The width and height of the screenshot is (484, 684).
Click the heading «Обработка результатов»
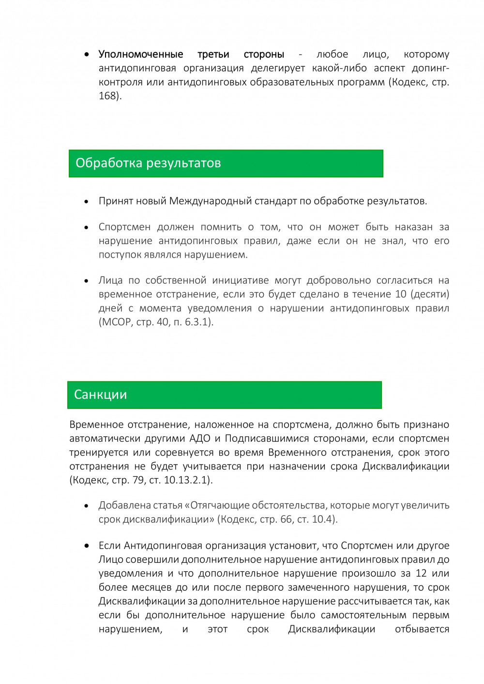click(x=148, y=163)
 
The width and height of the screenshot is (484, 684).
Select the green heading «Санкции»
click(x=101, y=395)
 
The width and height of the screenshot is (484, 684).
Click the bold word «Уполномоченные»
click(x=141, y=54)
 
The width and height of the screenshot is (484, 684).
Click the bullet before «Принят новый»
click(x=87, y=202)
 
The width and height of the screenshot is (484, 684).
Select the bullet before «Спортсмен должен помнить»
click(x=87, y=227)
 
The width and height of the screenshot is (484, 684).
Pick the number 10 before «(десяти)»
click(x=401, y=294)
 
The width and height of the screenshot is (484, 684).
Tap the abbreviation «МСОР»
click(x=116, y=322)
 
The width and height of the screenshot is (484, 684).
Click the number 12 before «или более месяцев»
click(x=421, y=573)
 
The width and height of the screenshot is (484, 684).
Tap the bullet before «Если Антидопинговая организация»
click(x=87, y=546)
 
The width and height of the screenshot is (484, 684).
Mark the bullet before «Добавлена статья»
click(x=87, y=506)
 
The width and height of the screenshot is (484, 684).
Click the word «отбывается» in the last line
click(x=422, y=629)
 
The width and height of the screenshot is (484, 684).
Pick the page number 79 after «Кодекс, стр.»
click(x=138, y=480)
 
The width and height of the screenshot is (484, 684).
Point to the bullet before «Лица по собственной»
click(x=87, y=281)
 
